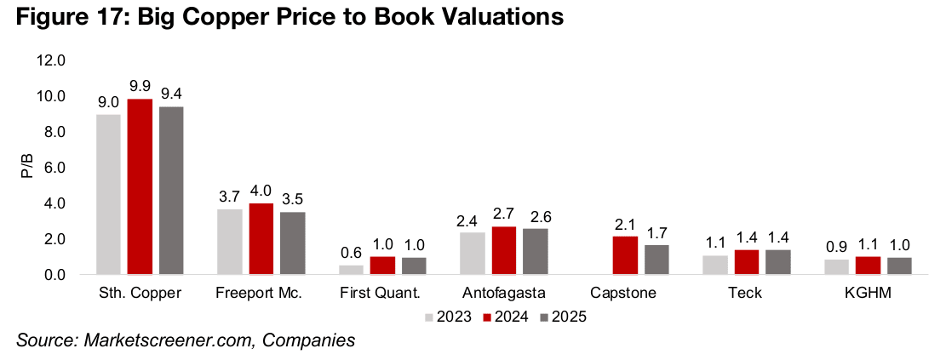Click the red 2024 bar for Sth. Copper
pyautogui.click(x=140, y=187)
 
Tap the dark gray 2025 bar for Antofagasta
pyautogui.click(x=536, y=252)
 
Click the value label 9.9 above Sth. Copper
pyautogui.click(x=140, y=88)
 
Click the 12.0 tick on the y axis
pyautogui.click(x=50, y=60)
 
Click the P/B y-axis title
pyautogui.click(x=26, y=168)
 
